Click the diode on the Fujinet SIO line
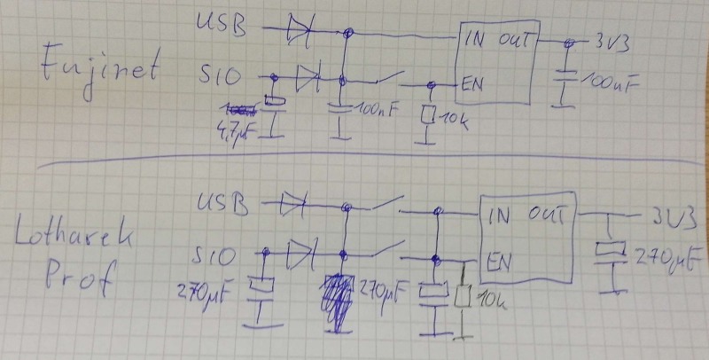(x=308, y=78)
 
